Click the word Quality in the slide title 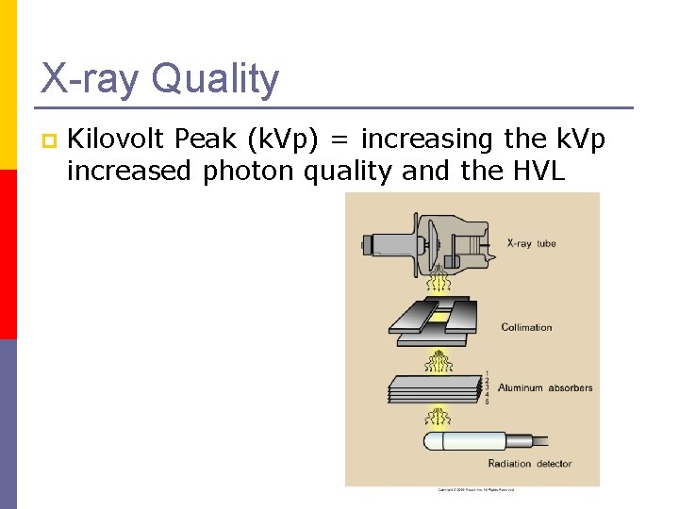click(x=215, y=78)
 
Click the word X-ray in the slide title click(x=91, y=78)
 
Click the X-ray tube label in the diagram click(x=532, y=243)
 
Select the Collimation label click(x=526, y=327)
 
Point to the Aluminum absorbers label click(x=545, y=387)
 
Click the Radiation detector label click(x=530, y=463)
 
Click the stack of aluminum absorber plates click(x=434, y=388)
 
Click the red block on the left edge click(x=8, y=254)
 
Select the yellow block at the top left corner click(x=8, y=85)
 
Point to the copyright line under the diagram click(x=476, y=490)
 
